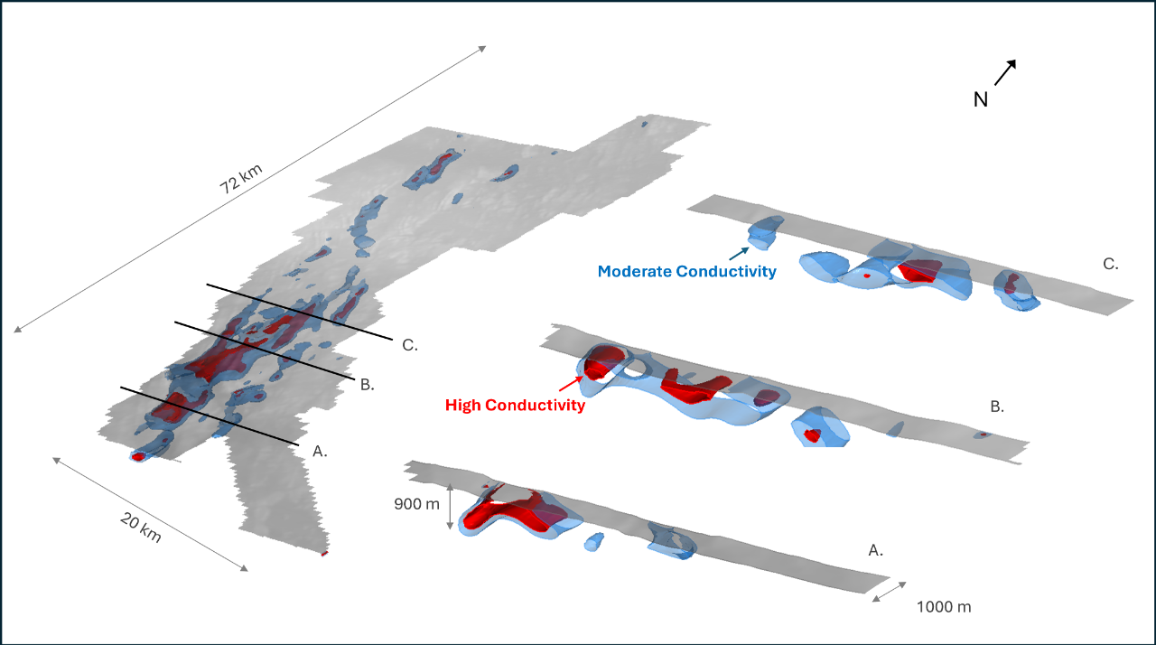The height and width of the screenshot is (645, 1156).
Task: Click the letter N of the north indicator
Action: pos(981,99)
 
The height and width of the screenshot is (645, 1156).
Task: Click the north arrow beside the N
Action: pos(1005,72)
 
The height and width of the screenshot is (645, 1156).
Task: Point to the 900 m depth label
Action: pos(417,504)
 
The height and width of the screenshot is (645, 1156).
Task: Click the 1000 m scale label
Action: pos(944,606)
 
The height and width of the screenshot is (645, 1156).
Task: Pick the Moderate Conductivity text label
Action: pos(687,271)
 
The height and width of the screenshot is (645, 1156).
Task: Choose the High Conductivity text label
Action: pos(515,406)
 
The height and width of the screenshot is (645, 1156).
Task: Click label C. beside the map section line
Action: pos(409,344)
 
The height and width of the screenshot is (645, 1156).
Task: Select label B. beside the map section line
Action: pos(367,385)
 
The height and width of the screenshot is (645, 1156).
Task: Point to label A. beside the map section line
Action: pos(320,451)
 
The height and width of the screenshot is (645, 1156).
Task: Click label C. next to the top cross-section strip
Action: pos(1111,265)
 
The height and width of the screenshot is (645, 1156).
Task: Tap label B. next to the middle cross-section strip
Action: pos(996,407)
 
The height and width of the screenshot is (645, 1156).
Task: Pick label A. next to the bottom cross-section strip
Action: pos(874,549)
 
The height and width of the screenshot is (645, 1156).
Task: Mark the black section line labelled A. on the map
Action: pos(209,416)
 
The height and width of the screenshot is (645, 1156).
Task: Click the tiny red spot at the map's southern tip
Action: pos(323,553)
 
